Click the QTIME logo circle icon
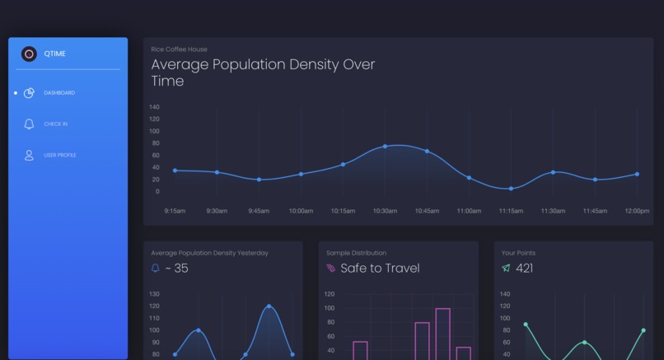pos(29,54)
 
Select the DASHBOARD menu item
pos(58,93)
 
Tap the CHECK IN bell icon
pos(29,124)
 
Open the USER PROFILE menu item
pos(59,155)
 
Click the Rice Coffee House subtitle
pos(179,49)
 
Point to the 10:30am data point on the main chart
pos(385,147)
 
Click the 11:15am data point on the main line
pos(511,189)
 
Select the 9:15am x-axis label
pos(175,211)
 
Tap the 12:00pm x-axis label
pos(637,211)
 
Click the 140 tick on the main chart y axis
pos(154,107)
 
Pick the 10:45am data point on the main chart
pos(427,152)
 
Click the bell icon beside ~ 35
pos(156,269)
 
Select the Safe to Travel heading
pos(380,269)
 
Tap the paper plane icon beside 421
pos(506,269)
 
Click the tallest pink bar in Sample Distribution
pos(442,334)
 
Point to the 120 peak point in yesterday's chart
pos(269,306)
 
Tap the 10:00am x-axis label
pos(301,211)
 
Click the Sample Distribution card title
pos(356,253)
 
